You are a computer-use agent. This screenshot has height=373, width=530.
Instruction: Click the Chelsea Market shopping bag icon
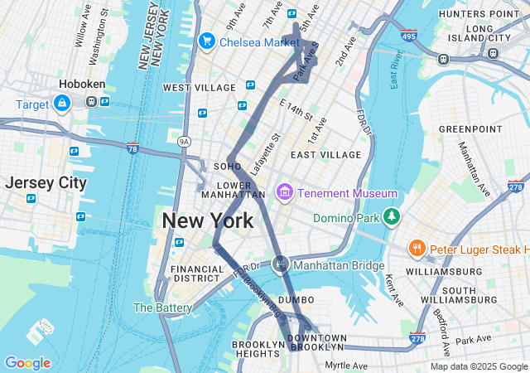pos(207,41)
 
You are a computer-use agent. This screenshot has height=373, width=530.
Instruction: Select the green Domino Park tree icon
pos(391,217)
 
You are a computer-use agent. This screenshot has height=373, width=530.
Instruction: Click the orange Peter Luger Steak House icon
pos(417,249)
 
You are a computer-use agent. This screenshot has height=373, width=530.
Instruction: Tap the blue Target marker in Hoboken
pos(61,104)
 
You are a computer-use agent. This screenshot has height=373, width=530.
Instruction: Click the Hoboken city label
pos(80,85)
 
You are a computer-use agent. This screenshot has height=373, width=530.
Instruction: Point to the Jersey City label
pos(46,183)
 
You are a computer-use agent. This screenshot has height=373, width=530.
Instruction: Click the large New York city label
pos(208,221)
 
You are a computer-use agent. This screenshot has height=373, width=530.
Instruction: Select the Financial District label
pos(196,274)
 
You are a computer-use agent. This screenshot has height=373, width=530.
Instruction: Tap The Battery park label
pos(162,308)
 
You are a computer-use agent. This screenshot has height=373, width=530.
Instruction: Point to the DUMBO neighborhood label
pos(296,299)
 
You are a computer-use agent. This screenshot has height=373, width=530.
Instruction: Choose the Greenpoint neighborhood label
pos(470,129)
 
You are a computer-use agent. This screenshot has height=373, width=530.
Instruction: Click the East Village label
pos(325,154)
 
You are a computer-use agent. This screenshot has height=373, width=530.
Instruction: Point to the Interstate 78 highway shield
pos(132,148)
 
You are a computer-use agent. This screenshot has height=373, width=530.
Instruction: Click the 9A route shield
pos(185,142)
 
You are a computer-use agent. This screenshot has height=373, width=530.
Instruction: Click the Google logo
pos(27,363)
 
